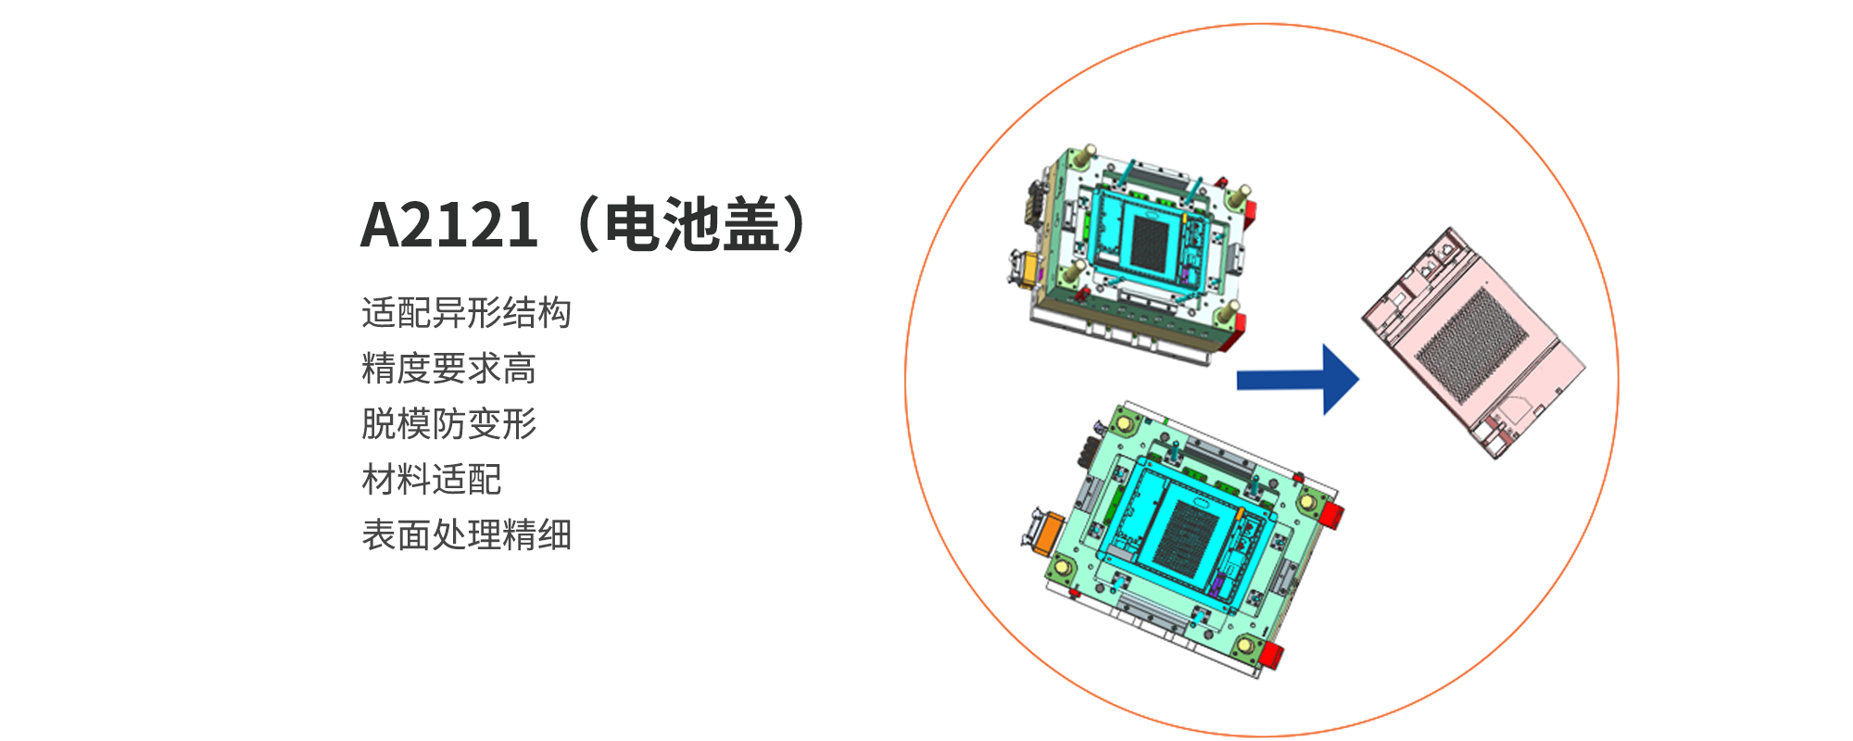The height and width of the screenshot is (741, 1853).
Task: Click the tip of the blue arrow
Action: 1359,379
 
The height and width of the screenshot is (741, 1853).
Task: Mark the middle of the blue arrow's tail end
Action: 1238,380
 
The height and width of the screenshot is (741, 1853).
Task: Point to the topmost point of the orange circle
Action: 1262,24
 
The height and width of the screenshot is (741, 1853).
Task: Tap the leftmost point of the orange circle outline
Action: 905,380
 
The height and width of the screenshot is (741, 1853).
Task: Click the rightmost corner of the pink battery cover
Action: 1585,366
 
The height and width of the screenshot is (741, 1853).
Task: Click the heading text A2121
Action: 448,225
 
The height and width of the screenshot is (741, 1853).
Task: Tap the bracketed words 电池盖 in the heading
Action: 691,225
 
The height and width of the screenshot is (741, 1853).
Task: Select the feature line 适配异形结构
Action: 466,313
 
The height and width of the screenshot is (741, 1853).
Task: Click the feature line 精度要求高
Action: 448,369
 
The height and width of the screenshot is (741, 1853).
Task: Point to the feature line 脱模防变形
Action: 448,424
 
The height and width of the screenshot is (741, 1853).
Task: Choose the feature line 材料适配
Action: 431,480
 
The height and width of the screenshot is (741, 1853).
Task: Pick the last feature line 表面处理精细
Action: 466,535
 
